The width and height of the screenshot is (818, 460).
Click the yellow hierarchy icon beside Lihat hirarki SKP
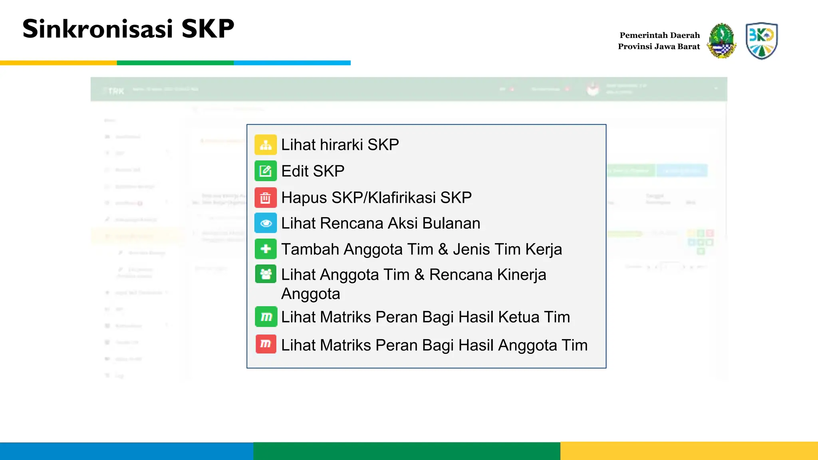coord(266,145)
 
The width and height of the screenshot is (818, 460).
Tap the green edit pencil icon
coord(266,171)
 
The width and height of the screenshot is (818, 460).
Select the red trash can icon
coord(266,198)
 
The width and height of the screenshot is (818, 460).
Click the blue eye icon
coord(266,223)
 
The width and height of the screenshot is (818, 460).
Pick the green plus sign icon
coord(266,249)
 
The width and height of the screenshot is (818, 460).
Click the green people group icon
coord(266,274)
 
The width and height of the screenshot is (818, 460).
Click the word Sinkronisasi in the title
coord(98,29)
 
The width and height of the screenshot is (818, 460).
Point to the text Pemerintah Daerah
coord(659,35)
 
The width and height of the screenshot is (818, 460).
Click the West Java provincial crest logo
coord(721,41)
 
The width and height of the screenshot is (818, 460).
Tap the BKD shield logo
coord(761,41)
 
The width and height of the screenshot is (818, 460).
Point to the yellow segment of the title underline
coord(58,63)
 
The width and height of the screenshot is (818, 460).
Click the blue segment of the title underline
coord(292,63)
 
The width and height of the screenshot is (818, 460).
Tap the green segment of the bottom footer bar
coord(407,451)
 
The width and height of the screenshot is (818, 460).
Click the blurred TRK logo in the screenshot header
coord(116,91)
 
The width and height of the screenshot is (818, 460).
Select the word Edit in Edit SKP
coord(295,171)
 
